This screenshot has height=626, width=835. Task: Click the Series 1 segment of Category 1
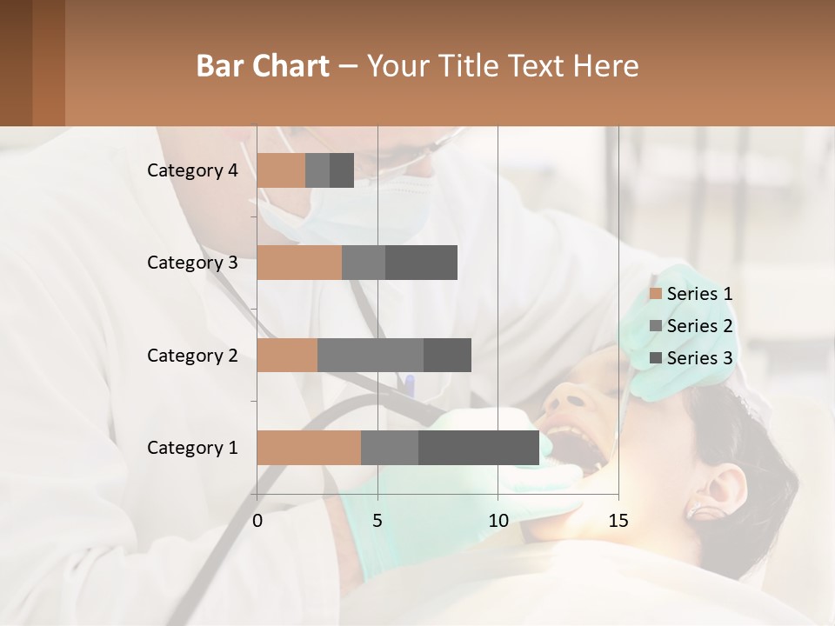(309, 448)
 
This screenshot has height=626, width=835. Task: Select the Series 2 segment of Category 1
(390, 448)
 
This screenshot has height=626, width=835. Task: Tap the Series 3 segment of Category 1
(478, 448)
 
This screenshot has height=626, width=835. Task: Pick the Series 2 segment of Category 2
(371, 355)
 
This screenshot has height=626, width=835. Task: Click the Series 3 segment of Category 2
(447, 355)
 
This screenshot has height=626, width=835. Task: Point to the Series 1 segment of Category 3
(299, 263)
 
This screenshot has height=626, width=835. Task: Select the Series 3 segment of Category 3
(421, 263)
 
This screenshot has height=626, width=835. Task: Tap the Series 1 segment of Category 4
(281, 170)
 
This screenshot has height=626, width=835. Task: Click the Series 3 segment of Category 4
(342, 170)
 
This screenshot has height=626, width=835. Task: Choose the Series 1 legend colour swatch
(656, 294)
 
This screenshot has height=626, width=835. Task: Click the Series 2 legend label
(699, 326)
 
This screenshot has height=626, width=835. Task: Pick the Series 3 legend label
(699, 358)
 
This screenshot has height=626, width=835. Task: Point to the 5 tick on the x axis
(377, 521)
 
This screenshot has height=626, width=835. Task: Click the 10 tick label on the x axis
(498, 521)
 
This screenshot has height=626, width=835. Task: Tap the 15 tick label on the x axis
(618, 521)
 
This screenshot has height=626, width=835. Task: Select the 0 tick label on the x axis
(257, 521)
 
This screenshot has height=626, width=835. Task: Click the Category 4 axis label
(192, 170)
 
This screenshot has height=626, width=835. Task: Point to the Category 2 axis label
(192, 355)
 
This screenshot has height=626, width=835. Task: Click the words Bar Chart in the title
(263, 65)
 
